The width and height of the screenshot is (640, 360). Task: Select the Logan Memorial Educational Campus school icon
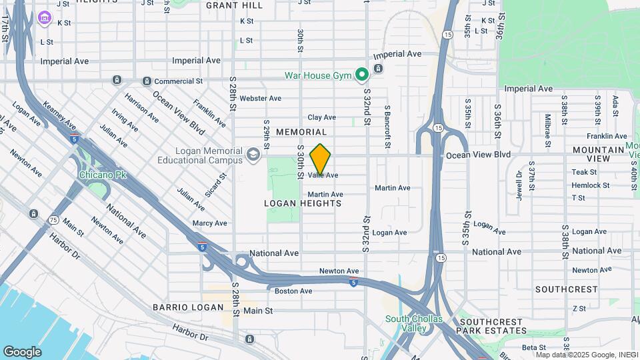(x=253, y=155)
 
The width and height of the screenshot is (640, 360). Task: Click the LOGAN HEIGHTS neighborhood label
(x=303, y=203)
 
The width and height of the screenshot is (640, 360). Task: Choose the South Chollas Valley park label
(x=414, y=323)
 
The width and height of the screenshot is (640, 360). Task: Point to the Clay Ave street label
(x=321, y=117)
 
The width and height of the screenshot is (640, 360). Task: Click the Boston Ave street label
(x=293, y=291)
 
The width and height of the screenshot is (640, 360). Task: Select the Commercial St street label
(x=178, y=81)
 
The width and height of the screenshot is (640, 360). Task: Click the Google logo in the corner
(x=22, y=351)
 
